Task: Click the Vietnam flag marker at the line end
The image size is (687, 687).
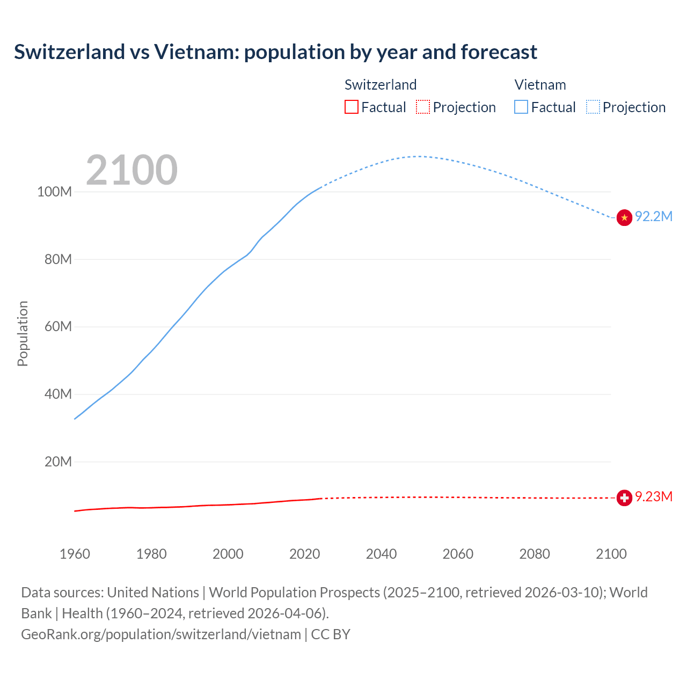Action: [x=624, y=217]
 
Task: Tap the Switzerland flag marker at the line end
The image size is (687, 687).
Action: [x=624, y=498]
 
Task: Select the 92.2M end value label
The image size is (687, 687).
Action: [x=653, y=216]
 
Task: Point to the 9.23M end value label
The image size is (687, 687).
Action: [x=653, y=496]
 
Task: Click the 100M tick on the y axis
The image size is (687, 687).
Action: [x=54, y=192]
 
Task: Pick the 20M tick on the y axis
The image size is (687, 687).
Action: [x=58, y=462]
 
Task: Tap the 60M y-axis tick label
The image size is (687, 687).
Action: [x=58, y=326]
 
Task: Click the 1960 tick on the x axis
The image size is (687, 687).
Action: [x=75, y=554]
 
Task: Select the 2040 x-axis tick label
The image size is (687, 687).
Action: [x=381, y=554]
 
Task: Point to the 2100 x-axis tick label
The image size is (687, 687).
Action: [x=611, y=554]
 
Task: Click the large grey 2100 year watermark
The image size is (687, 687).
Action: [x=131, y=170]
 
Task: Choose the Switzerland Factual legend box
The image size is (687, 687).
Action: [x=351, y=107]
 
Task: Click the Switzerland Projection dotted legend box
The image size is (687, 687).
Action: [x=423, y=107]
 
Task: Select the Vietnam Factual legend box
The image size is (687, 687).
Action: [x=521, y=107]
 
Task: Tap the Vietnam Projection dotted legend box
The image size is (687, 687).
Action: [x=593, y=107]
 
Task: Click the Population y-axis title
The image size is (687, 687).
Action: [x=23, y=333]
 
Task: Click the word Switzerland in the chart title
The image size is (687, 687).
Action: [x=69, y=52]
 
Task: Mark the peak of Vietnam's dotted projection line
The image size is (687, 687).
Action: [x=419, y=156]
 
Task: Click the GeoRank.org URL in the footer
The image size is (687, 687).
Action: [x=161, y=634]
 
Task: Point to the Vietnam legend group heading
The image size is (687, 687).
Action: [x=540, y=85]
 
